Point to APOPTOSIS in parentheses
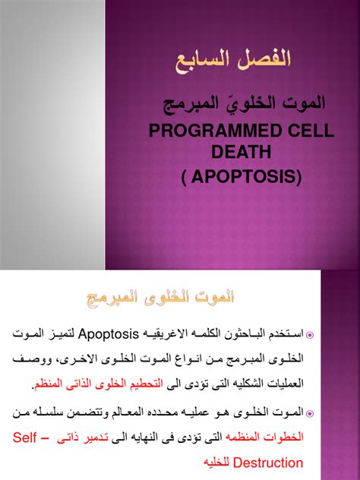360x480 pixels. coord(251,178)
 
